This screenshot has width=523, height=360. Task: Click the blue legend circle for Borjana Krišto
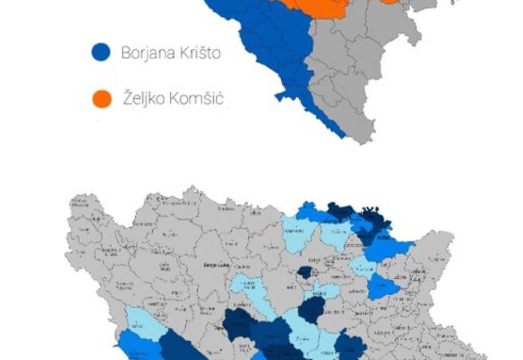coord(101,52)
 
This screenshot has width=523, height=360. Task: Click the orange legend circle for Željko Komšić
coord(102,98)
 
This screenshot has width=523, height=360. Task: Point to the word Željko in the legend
coord(141,99)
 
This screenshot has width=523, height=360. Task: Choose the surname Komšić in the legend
coord(195,99)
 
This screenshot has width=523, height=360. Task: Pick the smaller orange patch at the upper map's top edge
coord(390,2)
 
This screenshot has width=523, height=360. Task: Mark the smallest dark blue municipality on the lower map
coord(305,273)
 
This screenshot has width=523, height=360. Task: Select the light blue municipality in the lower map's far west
coord(143,323)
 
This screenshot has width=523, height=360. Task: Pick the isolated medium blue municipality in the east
coord(383,287)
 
